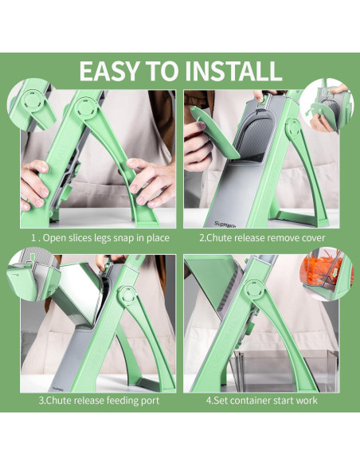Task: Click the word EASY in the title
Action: click(109, 71)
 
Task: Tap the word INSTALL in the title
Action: click(233, 71)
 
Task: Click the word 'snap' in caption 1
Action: click(122, 238)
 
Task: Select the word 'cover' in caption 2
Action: click(314, 238)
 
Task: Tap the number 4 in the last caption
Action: click(209, 401)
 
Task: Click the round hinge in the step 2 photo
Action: click(293, 128)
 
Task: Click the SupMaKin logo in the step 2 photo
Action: click(225, 225)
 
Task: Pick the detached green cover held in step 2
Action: click(213, 133)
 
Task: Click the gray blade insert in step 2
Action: click(257, 135)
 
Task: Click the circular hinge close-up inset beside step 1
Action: click(32, 104)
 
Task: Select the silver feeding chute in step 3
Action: click(80, 295)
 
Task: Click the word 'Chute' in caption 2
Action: click(218, 238)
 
